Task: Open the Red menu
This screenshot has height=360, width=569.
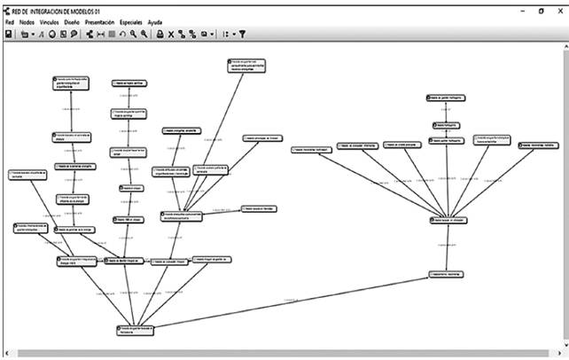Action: [9, 20]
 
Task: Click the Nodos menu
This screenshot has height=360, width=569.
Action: [27, 20]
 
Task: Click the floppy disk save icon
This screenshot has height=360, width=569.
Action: [8, 34]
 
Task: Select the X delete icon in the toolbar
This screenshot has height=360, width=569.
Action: [171, 34]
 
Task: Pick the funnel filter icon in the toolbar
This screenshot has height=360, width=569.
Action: [242, 34]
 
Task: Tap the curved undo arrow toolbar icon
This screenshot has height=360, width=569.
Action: [122, 34]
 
